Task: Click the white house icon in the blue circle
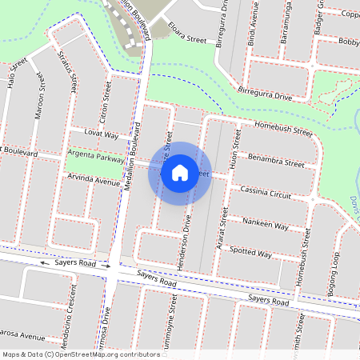tap(180, 172)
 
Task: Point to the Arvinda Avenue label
tap(94, 181)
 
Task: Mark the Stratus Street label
tap(67, 69)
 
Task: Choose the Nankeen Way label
tap(265, 223)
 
